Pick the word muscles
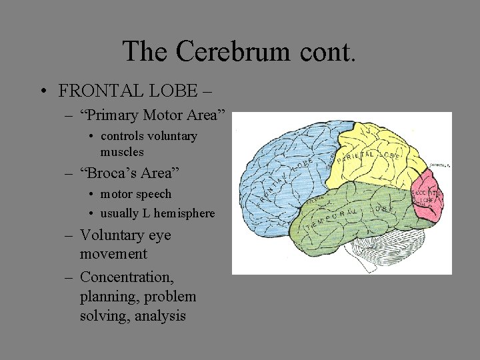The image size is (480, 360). (x=122, y=151)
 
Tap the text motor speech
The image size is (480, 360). (x=135, y=194)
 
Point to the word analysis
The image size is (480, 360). (x=160, y=315)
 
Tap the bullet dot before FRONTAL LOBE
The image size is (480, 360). (x=42, y=91)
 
